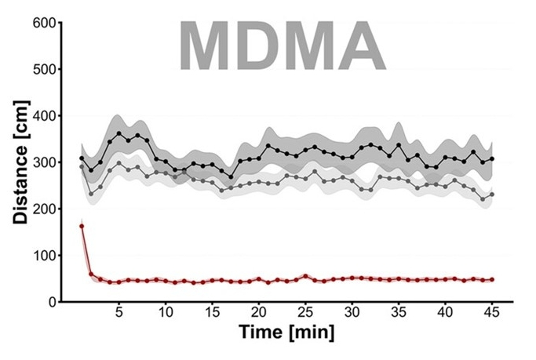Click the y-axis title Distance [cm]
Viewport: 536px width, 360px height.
(x=21, y=163)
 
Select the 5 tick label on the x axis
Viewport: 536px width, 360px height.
(x=119, y=312)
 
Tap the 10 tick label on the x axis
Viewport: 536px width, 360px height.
(x=166, y=312)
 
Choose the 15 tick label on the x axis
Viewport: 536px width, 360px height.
(x=213, y=312)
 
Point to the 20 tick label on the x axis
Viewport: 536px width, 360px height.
(x=259, y=312)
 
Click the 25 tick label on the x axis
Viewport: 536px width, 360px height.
(x=306, y=312)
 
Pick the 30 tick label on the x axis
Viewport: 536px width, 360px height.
(x=352, y=312)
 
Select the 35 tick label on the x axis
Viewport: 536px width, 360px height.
(x=399, y=312)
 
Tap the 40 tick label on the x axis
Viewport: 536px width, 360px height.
(x=446, y=312)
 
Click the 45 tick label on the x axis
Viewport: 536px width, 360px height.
(x=492, y=312)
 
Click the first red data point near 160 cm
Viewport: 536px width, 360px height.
(x=82, y=227)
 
